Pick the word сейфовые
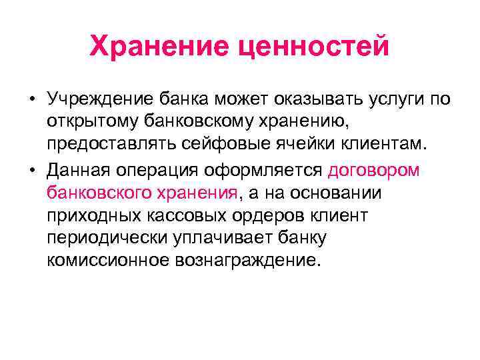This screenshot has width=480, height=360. tap(237, 146)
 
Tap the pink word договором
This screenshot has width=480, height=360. tap(374, 171)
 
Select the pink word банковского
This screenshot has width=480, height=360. tap(101, 193)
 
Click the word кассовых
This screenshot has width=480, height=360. tap(177, 215)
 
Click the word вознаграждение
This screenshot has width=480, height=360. tap(247, 261)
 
